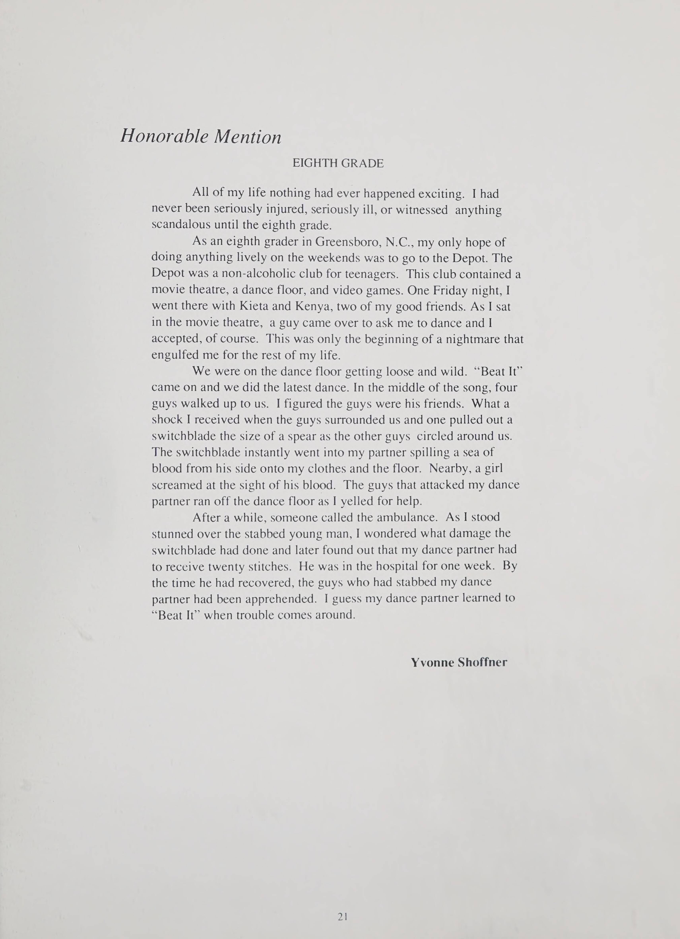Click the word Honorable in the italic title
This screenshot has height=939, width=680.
(x=164, y=137)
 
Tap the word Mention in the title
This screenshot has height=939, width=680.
(x=247, y=137)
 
